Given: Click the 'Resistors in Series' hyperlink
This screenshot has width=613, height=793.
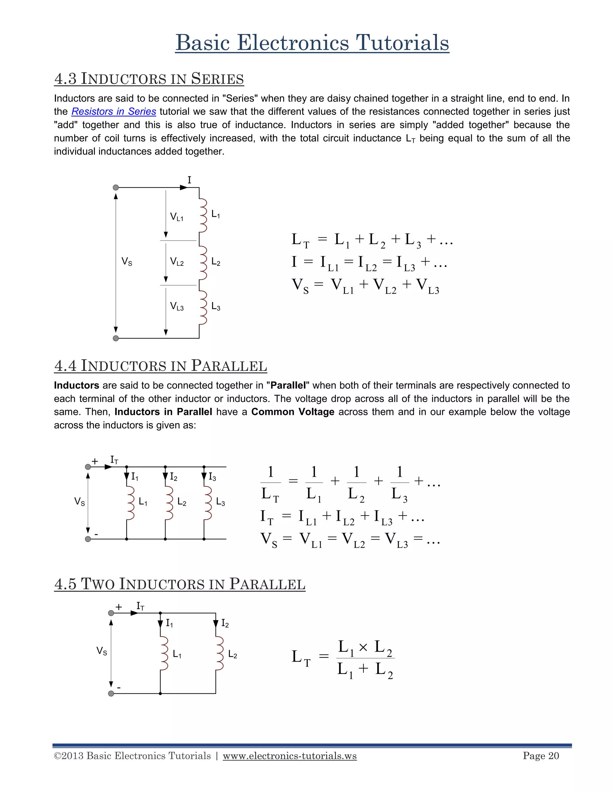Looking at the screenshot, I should coord(114,112).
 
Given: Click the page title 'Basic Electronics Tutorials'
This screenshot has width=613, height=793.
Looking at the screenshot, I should coord(312,42).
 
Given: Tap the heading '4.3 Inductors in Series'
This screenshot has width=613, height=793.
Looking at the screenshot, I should coord(149,78).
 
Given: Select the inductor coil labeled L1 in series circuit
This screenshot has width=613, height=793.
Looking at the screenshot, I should coord(203,215).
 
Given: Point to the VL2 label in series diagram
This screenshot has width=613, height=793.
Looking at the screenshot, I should coord(177,262).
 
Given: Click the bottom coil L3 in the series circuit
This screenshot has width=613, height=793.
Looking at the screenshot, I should coord(203,307).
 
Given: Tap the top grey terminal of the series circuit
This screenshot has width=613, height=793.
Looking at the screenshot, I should coord(116,188).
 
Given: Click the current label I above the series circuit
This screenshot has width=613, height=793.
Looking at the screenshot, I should coord(189,180).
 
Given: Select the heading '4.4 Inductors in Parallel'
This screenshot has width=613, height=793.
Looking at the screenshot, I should coord(160,366).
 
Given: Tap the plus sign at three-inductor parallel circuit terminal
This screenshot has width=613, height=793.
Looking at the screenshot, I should coord(95,461).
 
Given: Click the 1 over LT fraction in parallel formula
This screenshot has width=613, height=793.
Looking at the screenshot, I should coord(271,483).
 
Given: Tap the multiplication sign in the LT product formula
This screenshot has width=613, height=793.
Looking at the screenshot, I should coord(363,647).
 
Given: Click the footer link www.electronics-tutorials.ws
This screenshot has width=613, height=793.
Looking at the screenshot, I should coord(290,756).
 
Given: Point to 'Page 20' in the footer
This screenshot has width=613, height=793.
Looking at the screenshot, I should coord(541,756).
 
